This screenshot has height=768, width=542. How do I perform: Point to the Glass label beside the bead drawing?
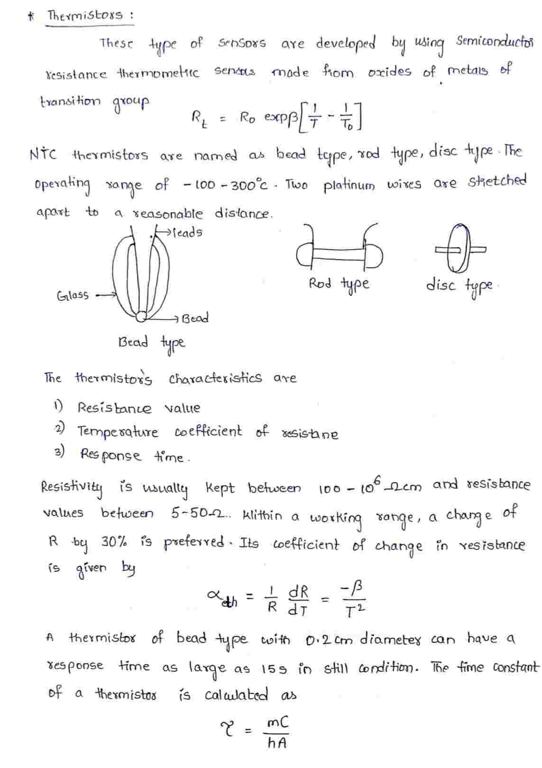[73, 296]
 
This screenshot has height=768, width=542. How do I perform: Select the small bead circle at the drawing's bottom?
[141, 315]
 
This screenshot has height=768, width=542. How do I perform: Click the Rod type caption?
[339, 284]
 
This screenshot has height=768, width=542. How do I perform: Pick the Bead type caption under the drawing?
[152, 342]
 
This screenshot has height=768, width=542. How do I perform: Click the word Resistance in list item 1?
[114, 408]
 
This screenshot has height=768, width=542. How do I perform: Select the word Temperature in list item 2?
[119, 432]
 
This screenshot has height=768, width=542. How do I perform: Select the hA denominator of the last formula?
[276, 743]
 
